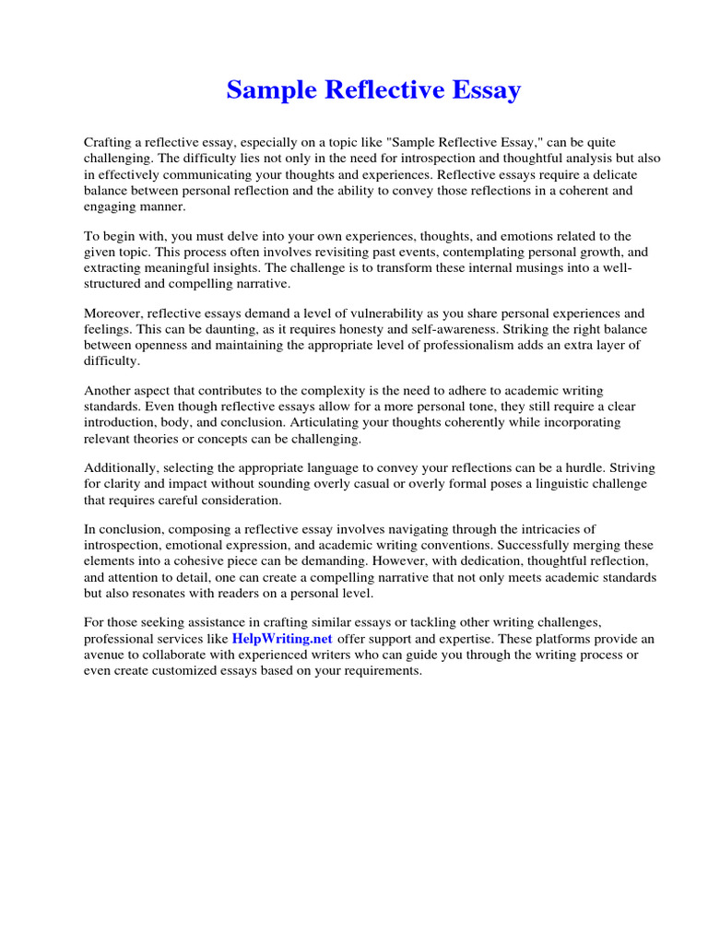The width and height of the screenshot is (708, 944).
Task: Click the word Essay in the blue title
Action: coord(482,90)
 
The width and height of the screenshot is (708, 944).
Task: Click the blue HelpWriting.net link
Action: coord(282,638)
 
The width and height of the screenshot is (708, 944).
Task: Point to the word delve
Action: coord(235,237)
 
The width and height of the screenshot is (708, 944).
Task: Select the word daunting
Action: coord(228,329)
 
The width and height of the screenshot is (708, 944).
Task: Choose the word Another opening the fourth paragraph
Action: coord(110,391)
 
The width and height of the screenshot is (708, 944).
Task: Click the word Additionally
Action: coord(121,468)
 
